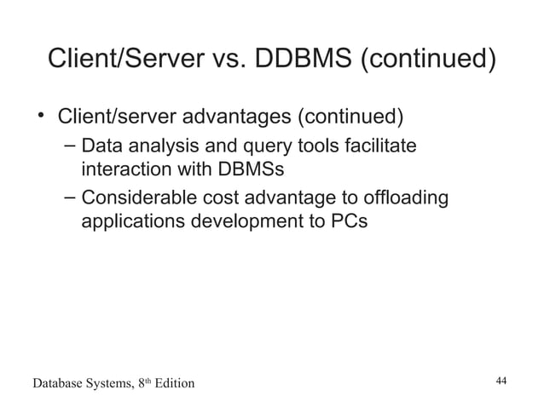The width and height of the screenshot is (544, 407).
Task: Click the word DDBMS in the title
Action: click(x=302, y=61)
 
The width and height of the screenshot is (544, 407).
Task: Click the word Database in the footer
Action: click(x=58, y=384)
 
